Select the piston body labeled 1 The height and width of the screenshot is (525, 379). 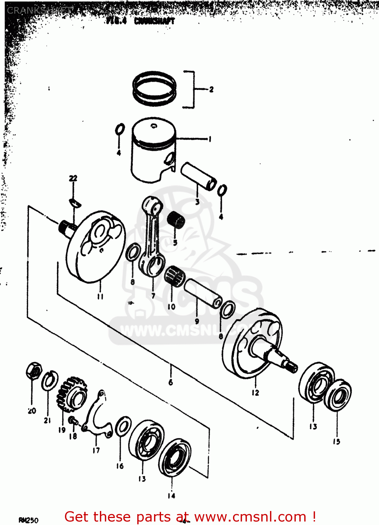[153, 150]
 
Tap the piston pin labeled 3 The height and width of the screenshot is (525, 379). [198, 176]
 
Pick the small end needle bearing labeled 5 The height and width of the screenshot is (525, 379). [176, 220]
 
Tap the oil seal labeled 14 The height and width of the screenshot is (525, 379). [174, 457]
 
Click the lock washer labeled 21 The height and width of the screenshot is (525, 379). [50, 381]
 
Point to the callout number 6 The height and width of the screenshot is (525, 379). [170, 382]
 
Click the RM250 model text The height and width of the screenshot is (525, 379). [29, 520]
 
